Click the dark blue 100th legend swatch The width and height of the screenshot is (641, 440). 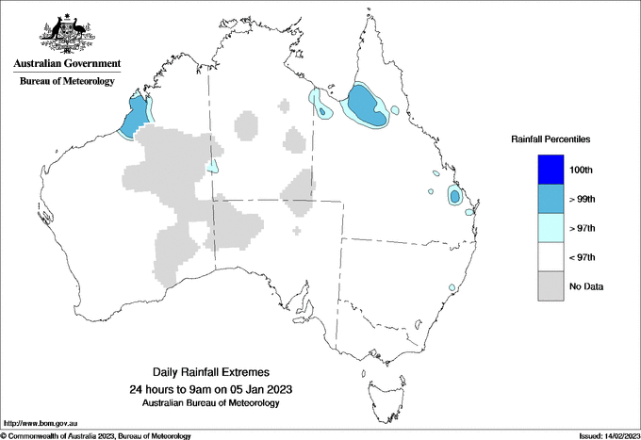548,170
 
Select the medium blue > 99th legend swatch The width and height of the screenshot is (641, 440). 548,199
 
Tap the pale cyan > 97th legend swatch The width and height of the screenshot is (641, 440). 548,228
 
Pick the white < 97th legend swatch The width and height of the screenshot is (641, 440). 548,257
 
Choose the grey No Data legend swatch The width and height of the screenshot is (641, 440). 548,286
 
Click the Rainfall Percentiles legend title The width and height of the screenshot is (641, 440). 551,139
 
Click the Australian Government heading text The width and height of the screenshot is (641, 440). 67,64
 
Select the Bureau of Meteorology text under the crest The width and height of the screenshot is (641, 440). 67,82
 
